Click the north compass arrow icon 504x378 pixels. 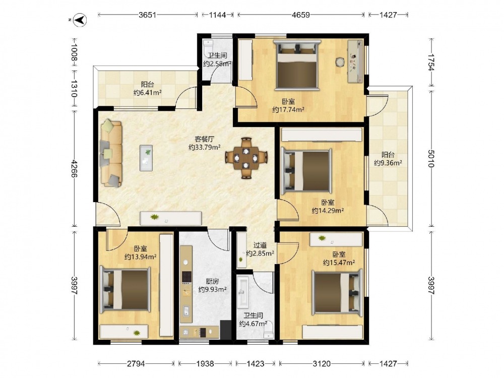pyautogui.click(x=80, y=20)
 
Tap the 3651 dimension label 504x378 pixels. pyautogui.click(x=147, y=15)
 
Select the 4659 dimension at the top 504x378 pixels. pyautogui.click(x=301, y=15)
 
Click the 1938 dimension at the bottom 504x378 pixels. pyautogui.click(x=205, y=363)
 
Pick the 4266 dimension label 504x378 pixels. pyautogui.click(x=74, y=168)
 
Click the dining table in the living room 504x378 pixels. pyautogui.click(x=246, y=158)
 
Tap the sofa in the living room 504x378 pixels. pyautogui.click(x=111, y=153)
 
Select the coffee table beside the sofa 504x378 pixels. pyautogui.click(x=146, y=157)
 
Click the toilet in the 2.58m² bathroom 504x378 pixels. pyautogui.click(x=208, y=45)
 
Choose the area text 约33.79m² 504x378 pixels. pyautogui.click(x=205, y=148)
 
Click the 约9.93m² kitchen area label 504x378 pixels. pyautogui.click(x=213, y=290)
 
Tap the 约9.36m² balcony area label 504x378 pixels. pyautogui.click(x=388, y=163)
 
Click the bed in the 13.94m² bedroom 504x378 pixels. pyautogui.click(x=125, y=289)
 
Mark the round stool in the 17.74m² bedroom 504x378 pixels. pyautogui.click(x=339, y=61)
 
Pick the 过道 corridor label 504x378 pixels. pyautogui.click(x=260, y=245)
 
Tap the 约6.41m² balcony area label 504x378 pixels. pyautogui.click(x=147, y=93)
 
